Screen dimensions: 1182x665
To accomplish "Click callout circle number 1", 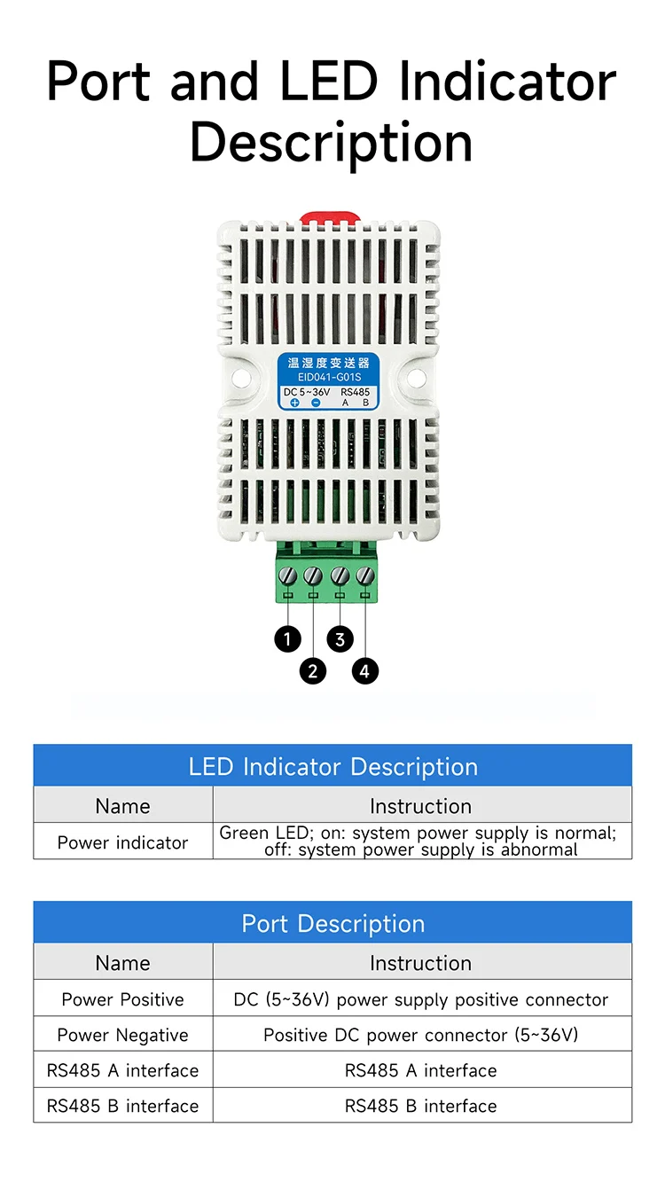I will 287,638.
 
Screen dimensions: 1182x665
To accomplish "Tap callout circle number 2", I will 312,670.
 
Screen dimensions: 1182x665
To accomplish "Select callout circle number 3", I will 340,638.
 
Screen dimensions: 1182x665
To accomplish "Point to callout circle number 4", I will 365,670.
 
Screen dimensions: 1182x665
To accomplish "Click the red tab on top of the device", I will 328,216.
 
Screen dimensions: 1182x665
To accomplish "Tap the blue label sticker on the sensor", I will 328,381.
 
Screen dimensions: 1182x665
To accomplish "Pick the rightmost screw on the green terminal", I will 365,575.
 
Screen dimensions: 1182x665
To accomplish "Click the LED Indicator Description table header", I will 332,766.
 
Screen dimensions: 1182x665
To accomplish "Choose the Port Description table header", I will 332,923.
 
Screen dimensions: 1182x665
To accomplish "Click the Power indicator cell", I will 123,842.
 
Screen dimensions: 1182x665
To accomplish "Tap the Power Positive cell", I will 123,999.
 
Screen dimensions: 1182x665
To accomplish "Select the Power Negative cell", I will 123,1035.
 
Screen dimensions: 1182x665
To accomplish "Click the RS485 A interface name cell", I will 123,1070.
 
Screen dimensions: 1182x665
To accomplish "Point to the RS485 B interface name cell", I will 123,1106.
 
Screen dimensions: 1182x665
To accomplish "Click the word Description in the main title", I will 332,142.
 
